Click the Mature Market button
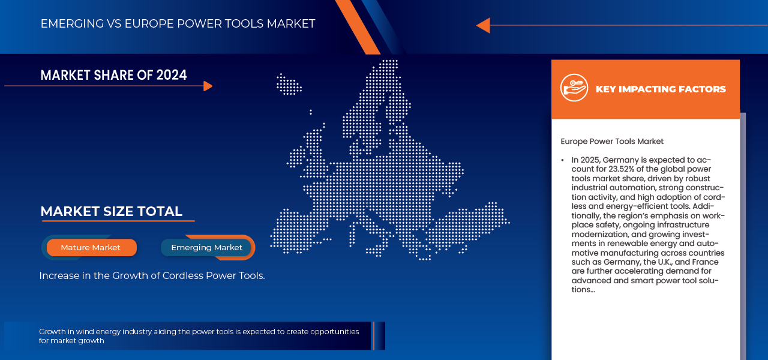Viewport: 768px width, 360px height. click(x=92, y=248)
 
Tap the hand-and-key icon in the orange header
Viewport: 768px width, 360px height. click(x=574, y=88)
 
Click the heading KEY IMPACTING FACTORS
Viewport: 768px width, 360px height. click(x=661, y=89)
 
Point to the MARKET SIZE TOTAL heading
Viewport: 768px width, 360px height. click(x=112, y=212)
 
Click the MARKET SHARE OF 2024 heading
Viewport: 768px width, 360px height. click(x=113, y=75)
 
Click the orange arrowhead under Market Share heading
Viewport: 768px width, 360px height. click(x=208, y=86)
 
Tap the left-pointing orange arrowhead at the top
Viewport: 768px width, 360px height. click(x=483, y=25)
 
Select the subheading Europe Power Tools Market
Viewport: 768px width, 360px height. click(x=612, y=141)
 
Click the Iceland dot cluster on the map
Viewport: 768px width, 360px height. click(x=289, y=84)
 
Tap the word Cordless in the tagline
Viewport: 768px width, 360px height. click(x=183, y=275)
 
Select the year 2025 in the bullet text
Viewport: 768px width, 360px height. click(x=590, y=160)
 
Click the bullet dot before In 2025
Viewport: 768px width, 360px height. click(x=563, y=160)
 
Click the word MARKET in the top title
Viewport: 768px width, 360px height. click(x=291, y=23)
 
